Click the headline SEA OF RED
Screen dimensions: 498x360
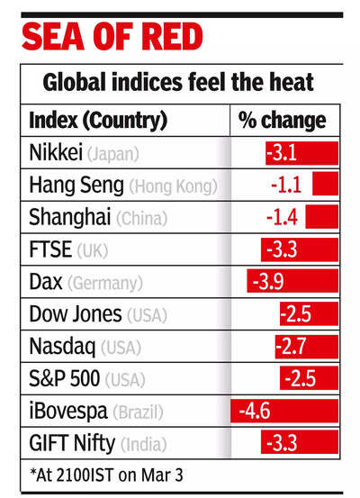coord(112,38)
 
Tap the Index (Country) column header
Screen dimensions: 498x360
coord(97,120)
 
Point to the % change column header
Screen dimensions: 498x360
coord(282,120)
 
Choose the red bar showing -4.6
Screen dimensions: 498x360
coord(284,412)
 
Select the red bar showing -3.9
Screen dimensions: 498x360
coord(292,282)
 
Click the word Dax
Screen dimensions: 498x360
coord(45,283)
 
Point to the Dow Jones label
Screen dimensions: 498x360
coord(74,315)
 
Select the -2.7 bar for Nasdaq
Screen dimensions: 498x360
coord(307,348)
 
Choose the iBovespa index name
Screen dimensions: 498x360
coord(68,412)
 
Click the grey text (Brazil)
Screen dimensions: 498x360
coord(139,413)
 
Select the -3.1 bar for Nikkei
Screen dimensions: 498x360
coord(301,152)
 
